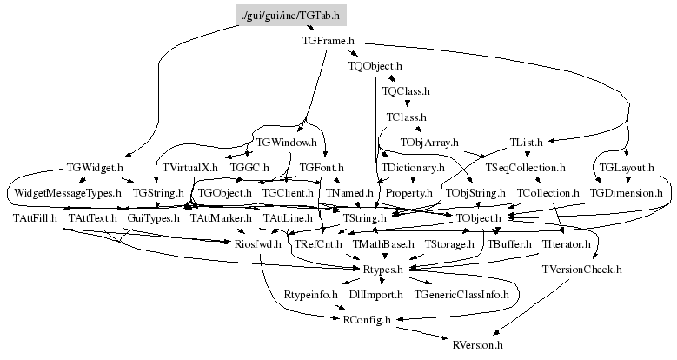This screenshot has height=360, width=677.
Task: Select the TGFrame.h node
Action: tap(328, 41)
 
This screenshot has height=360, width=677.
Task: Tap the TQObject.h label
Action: tap(375, 65)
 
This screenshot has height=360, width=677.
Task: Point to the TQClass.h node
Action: tap(406, 90)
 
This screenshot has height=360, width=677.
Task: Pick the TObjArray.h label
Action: tap(429, 141)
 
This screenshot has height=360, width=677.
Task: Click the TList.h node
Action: tap(526, 141)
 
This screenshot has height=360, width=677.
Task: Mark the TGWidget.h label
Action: tap(95, 167)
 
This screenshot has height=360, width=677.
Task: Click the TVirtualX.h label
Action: tap(189, 167)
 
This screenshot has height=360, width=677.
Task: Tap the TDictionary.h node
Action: tap(413, 167)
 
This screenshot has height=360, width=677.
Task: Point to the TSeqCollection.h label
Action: tap(526, 167)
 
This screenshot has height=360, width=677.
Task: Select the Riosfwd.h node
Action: tap(258, 245)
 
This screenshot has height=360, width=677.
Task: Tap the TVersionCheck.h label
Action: tap(581, 270)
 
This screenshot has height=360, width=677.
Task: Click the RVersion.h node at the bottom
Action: tap(478, 345)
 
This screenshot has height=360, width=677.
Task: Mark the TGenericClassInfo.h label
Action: tap(461, 296)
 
